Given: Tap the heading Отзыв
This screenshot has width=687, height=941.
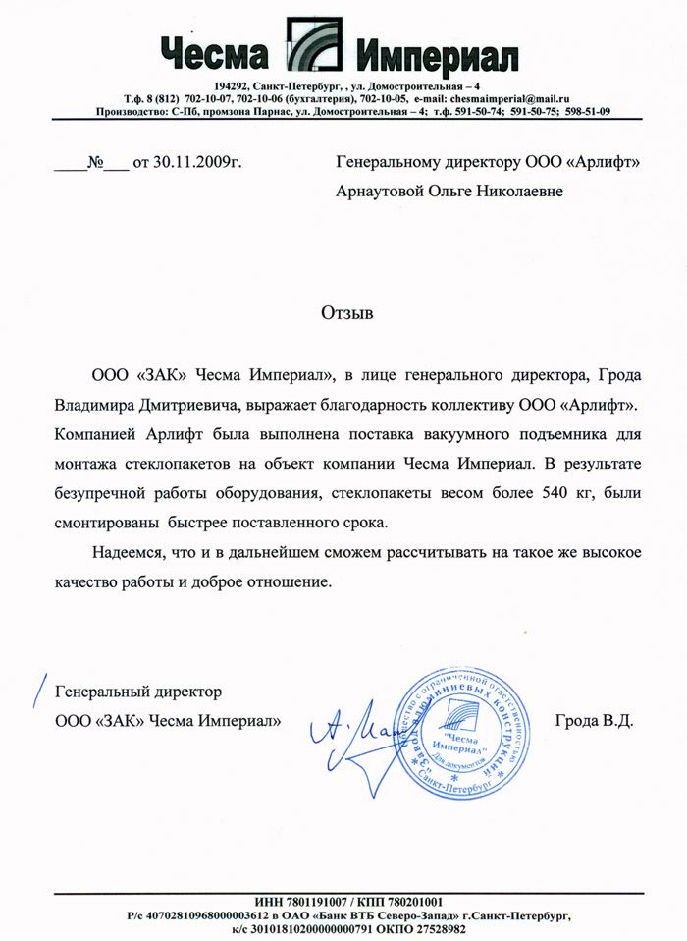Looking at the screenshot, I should point(347,314).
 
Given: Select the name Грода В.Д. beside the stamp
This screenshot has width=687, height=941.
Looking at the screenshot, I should point(594,721).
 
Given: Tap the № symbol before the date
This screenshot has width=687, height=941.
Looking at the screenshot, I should point(96,161).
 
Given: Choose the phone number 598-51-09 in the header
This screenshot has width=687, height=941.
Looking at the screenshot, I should point(588,111).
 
